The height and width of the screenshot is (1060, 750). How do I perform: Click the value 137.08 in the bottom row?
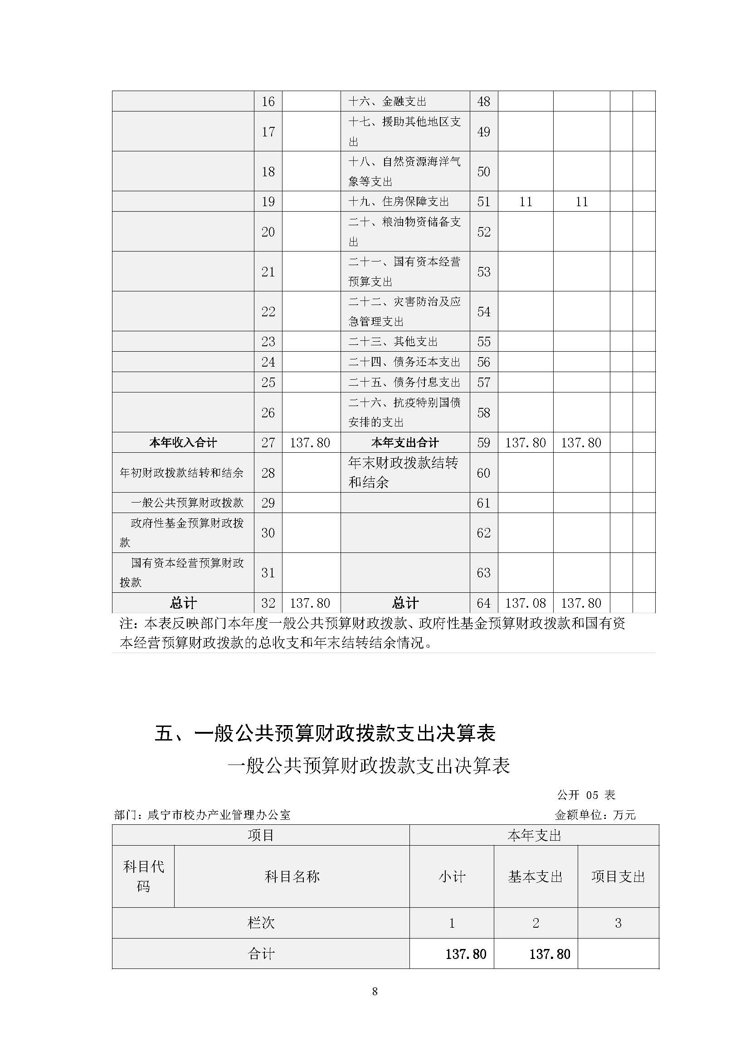point(526,603)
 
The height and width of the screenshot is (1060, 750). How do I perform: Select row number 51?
point(483,202)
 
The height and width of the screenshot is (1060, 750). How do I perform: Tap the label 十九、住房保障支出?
point(399,202)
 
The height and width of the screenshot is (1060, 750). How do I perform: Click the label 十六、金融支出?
point(387,102)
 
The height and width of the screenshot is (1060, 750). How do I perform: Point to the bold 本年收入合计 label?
point(183,443)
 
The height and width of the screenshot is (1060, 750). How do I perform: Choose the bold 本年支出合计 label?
point(405,443)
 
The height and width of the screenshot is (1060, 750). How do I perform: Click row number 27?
point(268,443)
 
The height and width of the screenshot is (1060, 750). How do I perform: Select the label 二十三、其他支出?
point(393,342)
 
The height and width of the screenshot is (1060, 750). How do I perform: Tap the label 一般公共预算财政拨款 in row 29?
point(187,503)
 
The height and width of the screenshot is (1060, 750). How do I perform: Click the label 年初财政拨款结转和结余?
point(181,473)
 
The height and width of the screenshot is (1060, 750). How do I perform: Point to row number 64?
point(483,603)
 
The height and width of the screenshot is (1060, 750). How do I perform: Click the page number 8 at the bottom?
point(375,991)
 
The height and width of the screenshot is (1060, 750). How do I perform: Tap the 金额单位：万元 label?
point(595,815)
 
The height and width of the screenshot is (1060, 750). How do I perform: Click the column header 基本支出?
point(535,877)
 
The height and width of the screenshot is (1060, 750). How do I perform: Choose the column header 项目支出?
point(618,877)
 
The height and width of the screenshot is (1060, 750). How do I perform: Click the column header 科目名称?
point(292,877)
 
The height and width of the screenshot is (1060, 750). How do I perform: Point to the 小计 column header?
point(452,877)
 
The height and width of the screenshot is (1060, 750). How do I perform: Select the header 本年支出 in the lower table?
point(534,836)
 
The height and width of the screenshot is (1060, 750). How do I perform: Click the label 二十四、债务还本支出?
point(404,362)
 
